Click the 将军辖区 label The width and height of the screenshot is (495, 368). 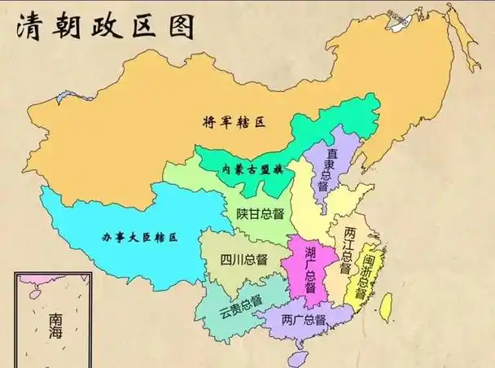[235, 123]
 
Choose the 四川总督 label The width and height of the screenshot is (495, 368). [243, 261]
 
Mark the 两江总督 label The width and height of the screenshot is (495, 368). [348, 249]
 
